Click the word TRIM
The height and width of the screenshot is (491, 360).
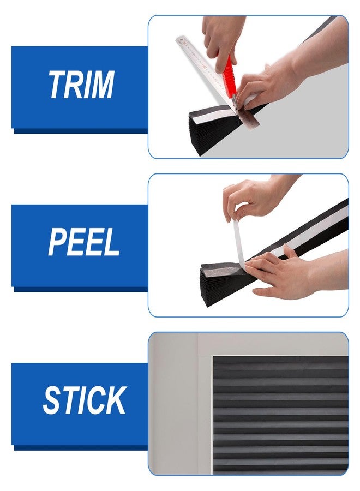pyautogui.click(x=81, y=84)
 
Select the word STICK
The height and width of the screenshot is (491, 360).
pyautogui.click(x=85, y=400)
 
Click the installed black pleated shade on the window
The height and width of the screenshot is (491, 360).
pyautogui.click(x=280, y=415)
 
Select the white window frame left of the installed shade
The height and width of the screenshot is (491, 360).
pyautogui.click(x=205, y=414)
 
